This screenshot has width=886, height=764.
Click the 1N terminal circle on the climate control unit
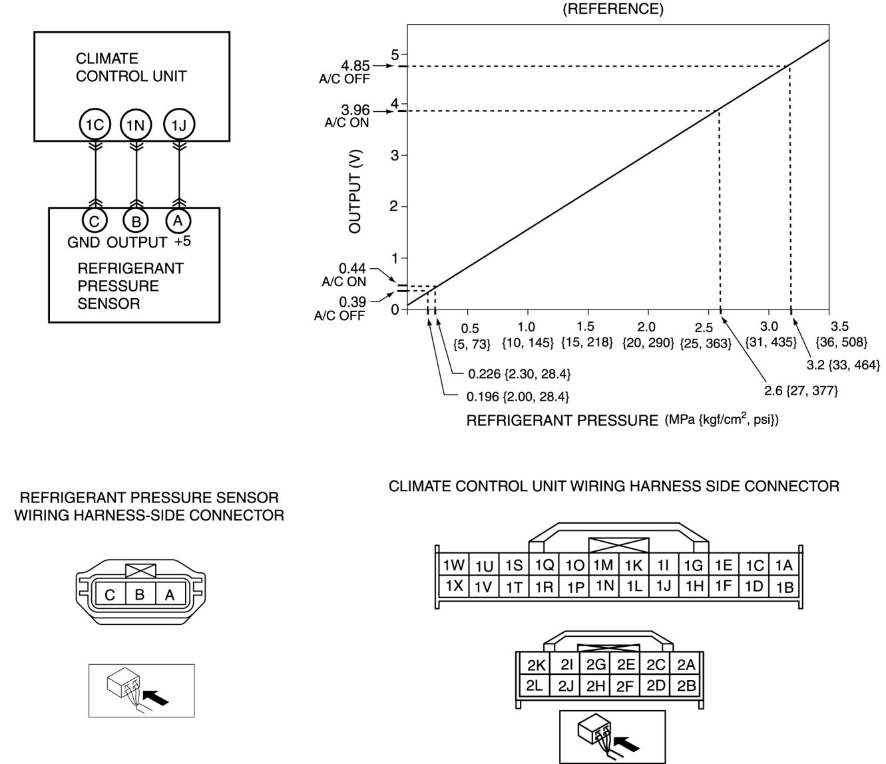tap(136, 124)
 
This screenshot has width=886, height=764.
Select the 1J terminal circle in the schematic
tap(178, 124)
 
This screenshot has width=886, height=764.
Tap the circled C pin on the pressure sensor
tap(95, 221)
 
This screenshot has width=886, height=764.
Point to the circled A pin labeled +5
tap(178, 221)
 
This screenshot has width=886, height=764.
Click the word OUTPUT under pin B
tap(137, 242)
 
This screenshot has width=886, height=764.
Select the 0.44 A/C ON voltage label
tap(352, 268)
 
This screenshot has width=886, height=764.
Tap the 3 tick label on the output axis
tap(395, 155)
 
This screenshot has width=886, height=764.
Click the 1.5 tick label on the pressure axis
tap(586, 327)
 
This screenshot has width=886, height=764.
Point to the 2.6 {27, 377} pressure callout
tap(801, 391)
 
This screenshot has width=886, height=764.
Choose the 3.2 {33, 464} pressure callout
tap(843, 365)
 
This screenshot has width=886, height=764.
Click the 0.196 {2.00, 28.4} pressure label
tap(517, 397)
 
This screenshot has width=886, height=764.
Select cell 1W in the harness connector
tap(454, 566)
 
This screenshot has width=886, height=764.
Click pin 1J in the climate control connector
tap(663, 586)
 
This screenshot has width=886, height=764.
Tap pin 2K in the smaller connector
tap(537, 665)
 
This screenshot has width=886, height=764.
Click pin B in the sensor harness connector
tap(140, 594)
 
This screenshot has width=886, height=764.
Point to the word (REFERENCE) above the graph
tap(613, 10)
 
